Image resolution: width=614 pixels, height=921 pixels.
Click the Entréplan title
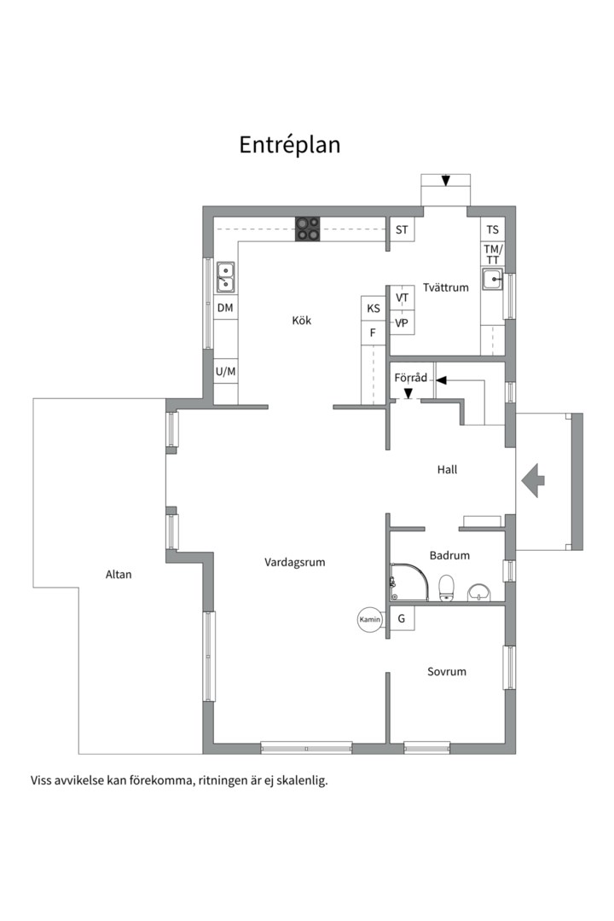click(289, 145)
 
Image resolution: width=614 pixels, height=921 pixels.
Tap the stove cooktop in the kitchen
click(308, 229)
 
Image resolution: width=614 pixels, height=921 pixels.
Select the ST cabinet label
click(402, 229)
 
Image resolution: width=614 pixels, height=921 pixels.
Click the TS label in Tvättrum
click(492, 229)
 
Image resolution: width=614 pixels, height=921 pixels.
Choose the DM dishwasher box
click(225, 307)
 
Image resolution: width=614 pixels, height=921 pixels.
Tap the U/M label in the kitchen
click(225, 372)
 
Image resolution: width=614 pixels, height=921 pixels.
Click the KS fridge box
click(374, 309)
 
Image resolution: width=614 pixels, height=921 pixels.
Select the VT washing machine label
click(403, 297)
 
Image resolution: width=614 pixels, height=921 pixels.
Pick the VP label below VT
click(403, 323)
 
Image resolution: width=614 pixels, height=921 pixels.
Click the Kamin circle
click(369, 620)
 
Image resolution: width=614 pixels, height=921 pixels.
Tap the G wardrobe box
click(401, 618)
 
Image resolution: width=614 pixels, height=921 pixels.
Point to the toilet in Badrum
click(445, 587)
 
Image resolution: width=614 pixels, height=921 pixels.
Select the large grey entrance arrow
click(534, 480)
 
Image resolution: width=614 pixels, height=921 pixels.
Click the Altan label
click(119, 575)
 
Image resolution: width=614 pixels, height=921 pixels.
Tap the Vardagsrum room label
click(295, 563)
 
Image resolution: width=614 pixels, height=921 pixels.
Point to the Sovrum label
click(447, 672)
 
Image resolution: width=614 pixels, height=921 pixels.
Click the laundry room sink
click(493, 279)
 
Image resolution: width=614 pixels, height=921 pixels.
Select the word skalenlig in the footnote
click(299, 780)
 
